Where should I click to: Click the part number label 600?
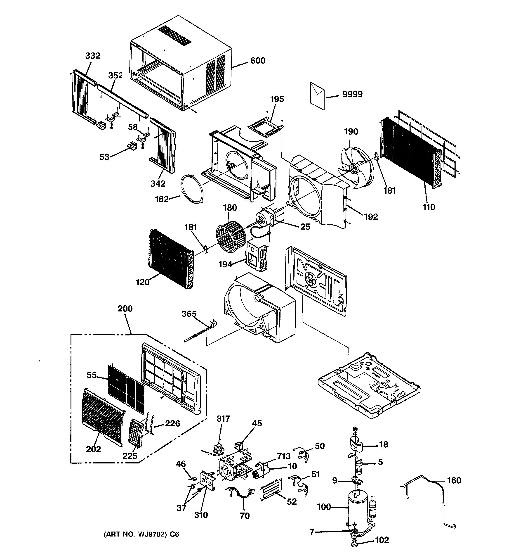point(257,61)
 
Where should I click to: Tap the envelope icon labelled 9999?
point(317,95)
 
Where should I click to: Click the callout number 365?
point(189,314)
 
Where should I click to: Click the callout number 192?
point(371,217)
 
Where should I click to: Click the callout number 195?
point(277,99)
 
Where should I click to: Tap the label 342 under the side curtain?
point(158,184)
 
